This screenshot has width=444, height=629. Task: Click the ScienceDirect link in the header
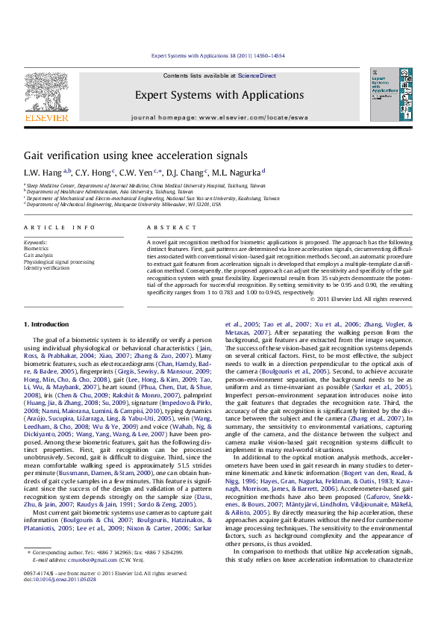(x=256, y=75)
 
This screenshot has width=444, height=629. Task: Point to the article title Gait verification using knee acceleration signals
(x=135, y=155)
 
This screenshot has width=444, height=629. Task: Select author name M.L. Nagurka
(x=237, y=172)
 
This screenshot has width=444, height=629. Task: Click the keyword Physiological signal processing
(x=59, y=261)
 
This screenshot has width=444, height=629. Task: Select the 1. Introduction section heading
(x=47, y=323)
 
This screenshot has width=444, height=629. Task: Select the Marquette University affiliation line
(x=123, y=204)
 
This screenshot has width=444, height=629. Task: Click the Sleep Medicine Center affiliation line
(x=146, y=185)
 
